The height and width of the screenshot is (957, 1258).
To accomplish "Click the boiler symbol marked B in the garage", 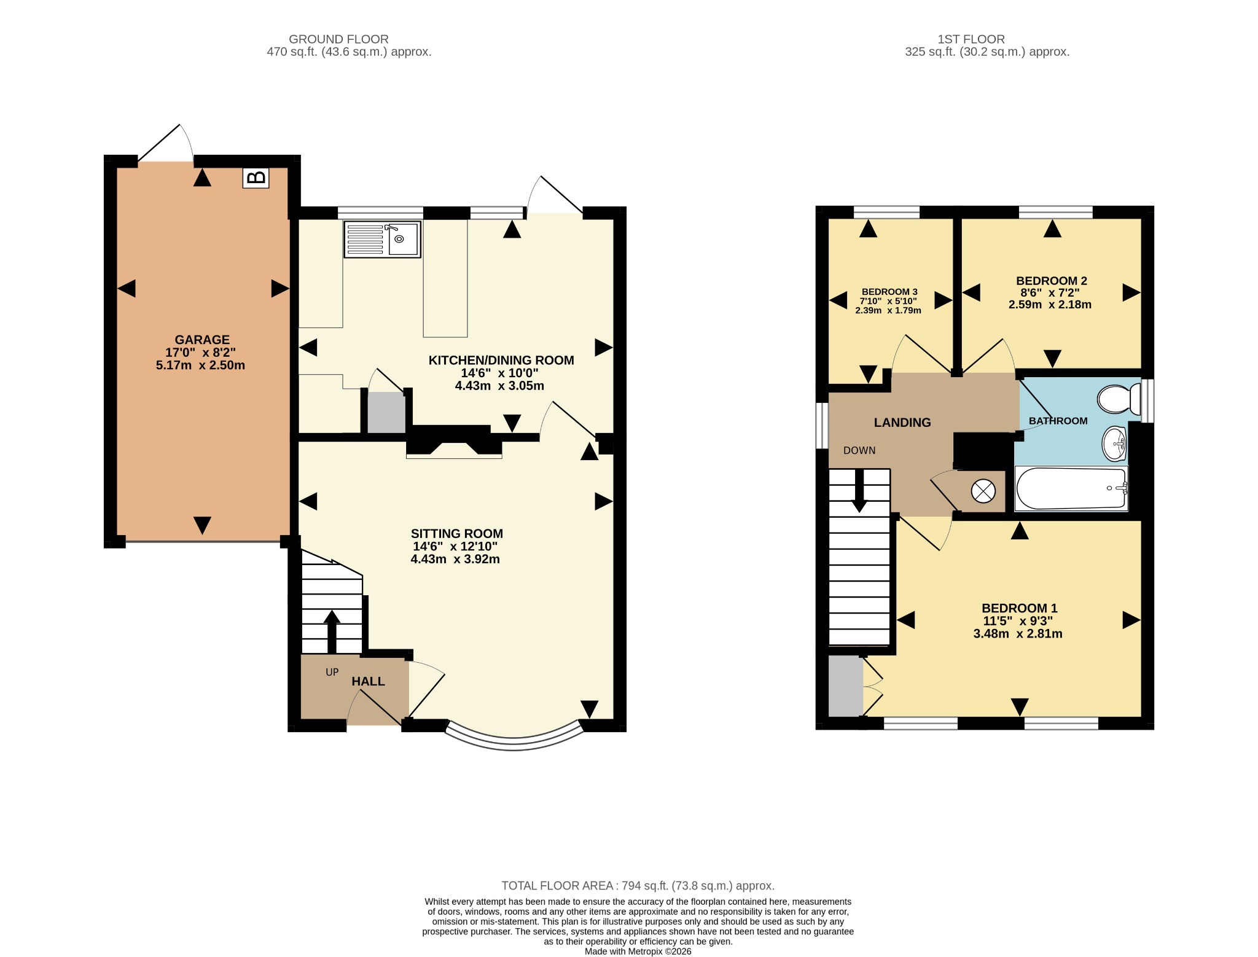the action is pos(256,178).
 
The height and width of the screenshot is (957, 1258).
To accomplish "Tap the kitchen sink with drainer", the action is pos(382,239).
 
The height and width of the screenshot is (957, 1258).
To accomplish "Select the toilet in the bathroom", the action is pos(1119,399).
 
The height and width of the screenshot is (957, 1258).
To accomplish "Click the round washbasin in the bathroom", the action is pos(1114,443).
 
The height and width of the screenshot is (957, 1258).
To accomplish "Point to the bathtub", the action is pos(1071,488).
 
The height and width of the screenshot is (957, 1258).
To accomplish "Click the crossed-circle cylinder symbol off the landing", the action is pos(983,491).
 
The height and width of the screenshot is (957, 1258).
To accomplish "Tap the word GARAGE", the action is pos(202,340).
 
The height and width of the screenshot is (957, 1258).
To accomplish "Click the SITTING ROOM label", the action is pos(457,534).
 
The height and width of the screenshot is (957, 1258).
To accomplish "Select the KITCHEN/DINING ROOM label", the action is pos(501,361).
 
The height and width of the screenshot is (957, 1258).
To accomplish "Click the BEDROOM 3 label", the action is pos(889,292).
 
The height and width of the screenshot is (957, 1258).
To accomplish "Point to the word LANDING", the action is pos(902,423).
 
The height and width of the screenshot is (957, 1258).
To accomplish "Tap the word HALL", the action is pos(368,681).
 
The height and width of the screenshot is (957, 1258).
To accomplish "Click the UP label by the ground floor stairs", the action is pos(332,672).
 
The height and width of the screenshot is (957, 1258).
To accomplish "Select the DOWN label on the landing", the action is pos(859,450).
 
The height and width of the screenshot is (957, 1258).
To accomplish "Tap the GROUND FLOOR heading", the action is pos(338,39).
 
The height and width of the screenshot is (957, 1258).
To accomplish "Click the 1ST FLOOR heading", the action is pos(971,39).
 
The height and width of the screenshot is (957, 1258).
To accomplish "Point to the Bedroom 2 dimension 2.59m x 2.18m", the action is pos(1050,305).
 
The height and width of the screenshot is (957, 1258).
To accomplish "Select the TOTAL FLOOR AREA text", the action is pos(638,886).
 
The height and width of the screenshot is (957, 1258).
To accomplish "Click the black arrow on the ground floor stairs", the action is pos(332,631).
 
